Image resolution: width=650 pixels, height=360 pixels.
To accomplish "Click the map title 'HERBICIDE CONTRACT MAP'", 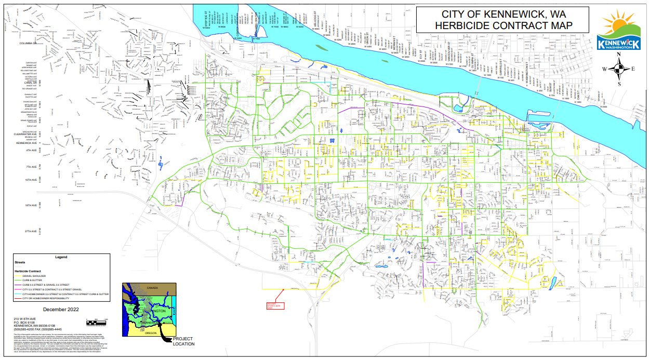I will [503, 25].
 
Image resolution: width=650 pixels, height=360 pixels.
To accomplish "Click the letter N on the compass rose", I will [619, 55].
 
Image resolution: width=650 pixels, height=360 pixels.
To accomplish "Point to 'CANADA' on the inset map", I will [152, 287].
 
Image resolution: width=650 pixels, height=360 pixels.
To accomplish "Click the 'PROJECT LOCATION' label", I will [183, 341].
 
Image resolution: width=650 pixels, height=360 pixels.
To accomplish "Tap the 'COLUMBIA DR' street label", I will [29, 44].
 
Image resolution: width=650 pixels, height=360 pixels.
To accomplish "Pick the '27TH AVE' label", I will [31, 231].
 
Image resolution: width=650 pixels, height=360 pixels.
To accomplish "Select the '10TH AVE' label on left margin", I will [31, 180].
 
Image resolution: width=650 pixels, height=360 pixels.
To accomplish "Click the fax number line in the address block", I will [37, 329].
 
